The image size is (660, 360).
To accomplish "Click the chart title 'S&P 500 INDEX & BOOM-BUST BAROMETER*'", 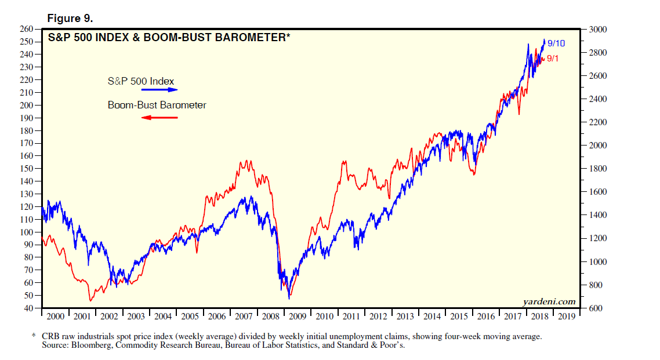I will pyautogui.click(x=169, y=38).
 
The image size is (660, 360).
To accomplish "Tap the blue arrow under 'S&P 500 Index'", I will pyautogui.click(x=159, y=90).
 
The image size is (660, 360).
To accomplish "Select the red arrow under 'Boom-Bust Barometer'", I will pyautogui.click(x=159, y=118).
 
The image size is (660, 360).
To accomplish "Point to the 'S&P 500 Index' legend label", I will pyautogui.click(x=141, y=81).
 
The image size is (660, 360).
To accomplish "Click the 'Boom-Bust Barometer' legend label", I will pyautogui.click(x=157, y=105).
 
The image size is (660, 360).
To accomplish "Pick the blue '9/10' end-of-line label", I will pyautogui.click(x=556, y=43).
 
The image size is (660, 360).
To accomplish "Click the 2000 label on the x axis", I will pyautogui.click(x=55, y=317).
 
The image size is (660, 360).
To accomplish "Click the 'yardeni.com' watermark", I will pyautogui.click(x=548, y=301).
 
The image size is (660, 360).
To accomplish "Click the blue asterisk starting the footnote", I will pyautogui.click(x=34, y=336).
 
